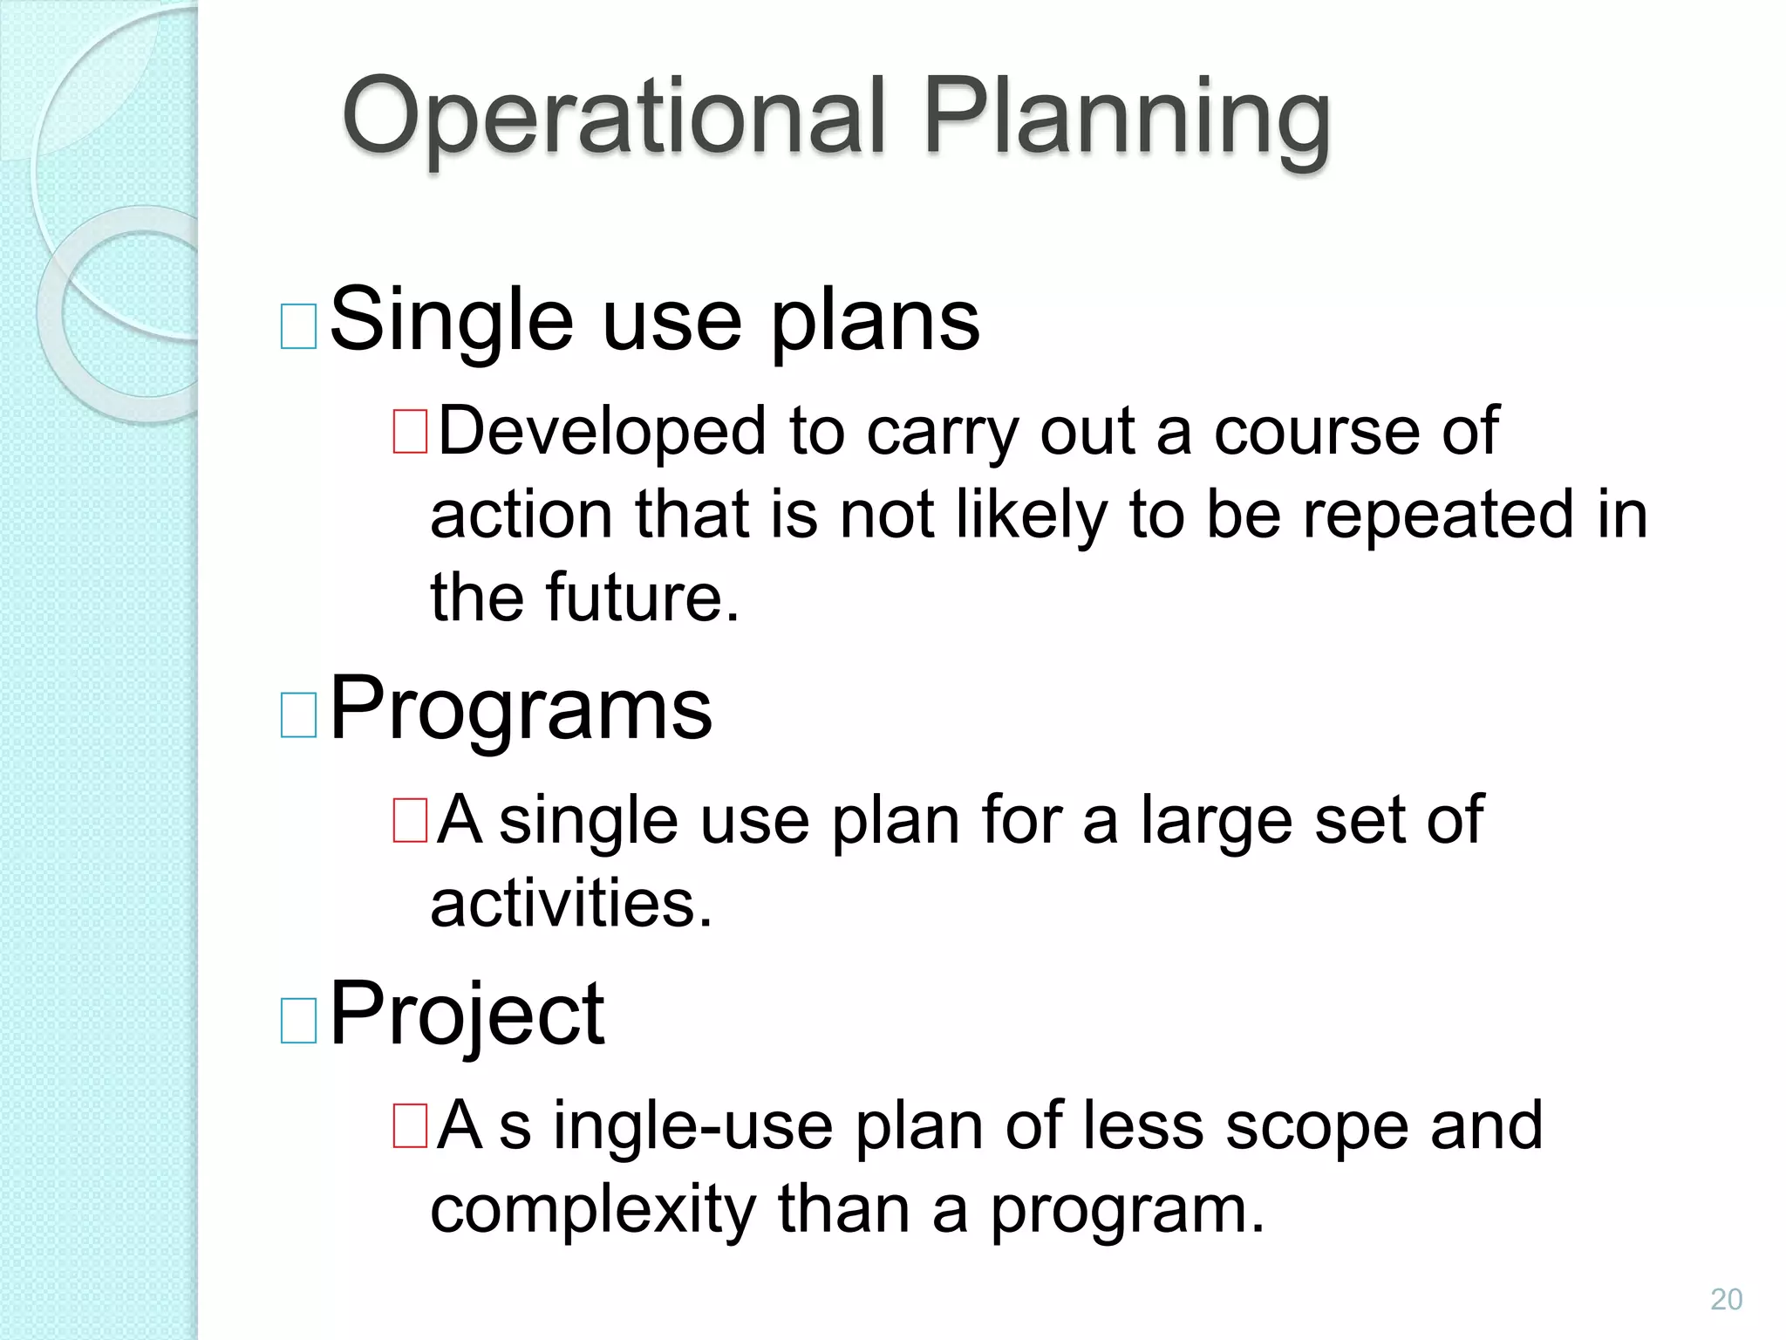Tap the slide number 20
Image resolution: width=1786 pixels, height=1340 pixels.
click(x=1726, y=1299)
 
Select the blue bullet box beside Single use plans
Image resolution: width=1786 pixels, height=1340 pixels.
click(x=298, y=326)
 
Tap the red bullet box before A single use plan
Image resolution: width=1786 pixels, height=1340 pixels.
click(x=410, y=821)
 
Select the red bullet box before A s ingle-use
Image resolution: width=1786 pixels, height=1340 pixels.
click(x=410, y=1126)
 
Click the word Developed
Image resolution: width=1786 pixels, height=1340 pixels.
click(x=602, y=431)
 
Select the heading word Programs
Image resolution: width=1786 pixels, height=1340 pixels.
click(x=521, y=708)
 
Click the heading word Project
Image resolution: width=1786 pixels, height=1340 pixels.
click(x=467, y=1014)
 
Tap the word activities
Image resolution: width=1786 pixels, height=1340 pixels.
click(x=571, y=903)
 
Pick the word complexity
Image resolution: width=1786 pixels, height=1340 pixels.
click(x=593, y=1211)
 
